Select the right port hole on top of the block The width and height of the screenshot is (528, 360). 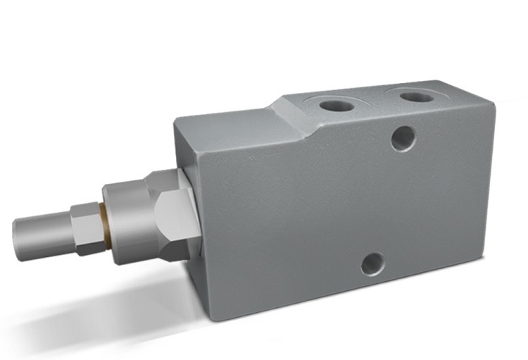417,95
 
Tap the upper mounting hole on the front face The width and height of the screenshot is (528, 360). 402,137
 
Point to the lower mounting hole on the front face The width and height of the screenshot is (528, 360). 372,264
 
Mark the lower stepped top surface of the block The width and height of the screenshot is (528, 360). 225,118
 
